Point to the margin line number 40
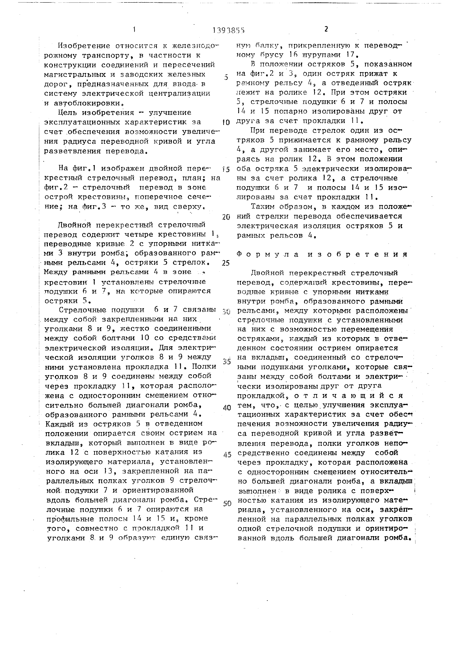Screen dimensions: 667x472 (x=226, y=408)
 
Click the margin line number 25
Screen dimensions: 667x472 (x=226, y=263)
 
